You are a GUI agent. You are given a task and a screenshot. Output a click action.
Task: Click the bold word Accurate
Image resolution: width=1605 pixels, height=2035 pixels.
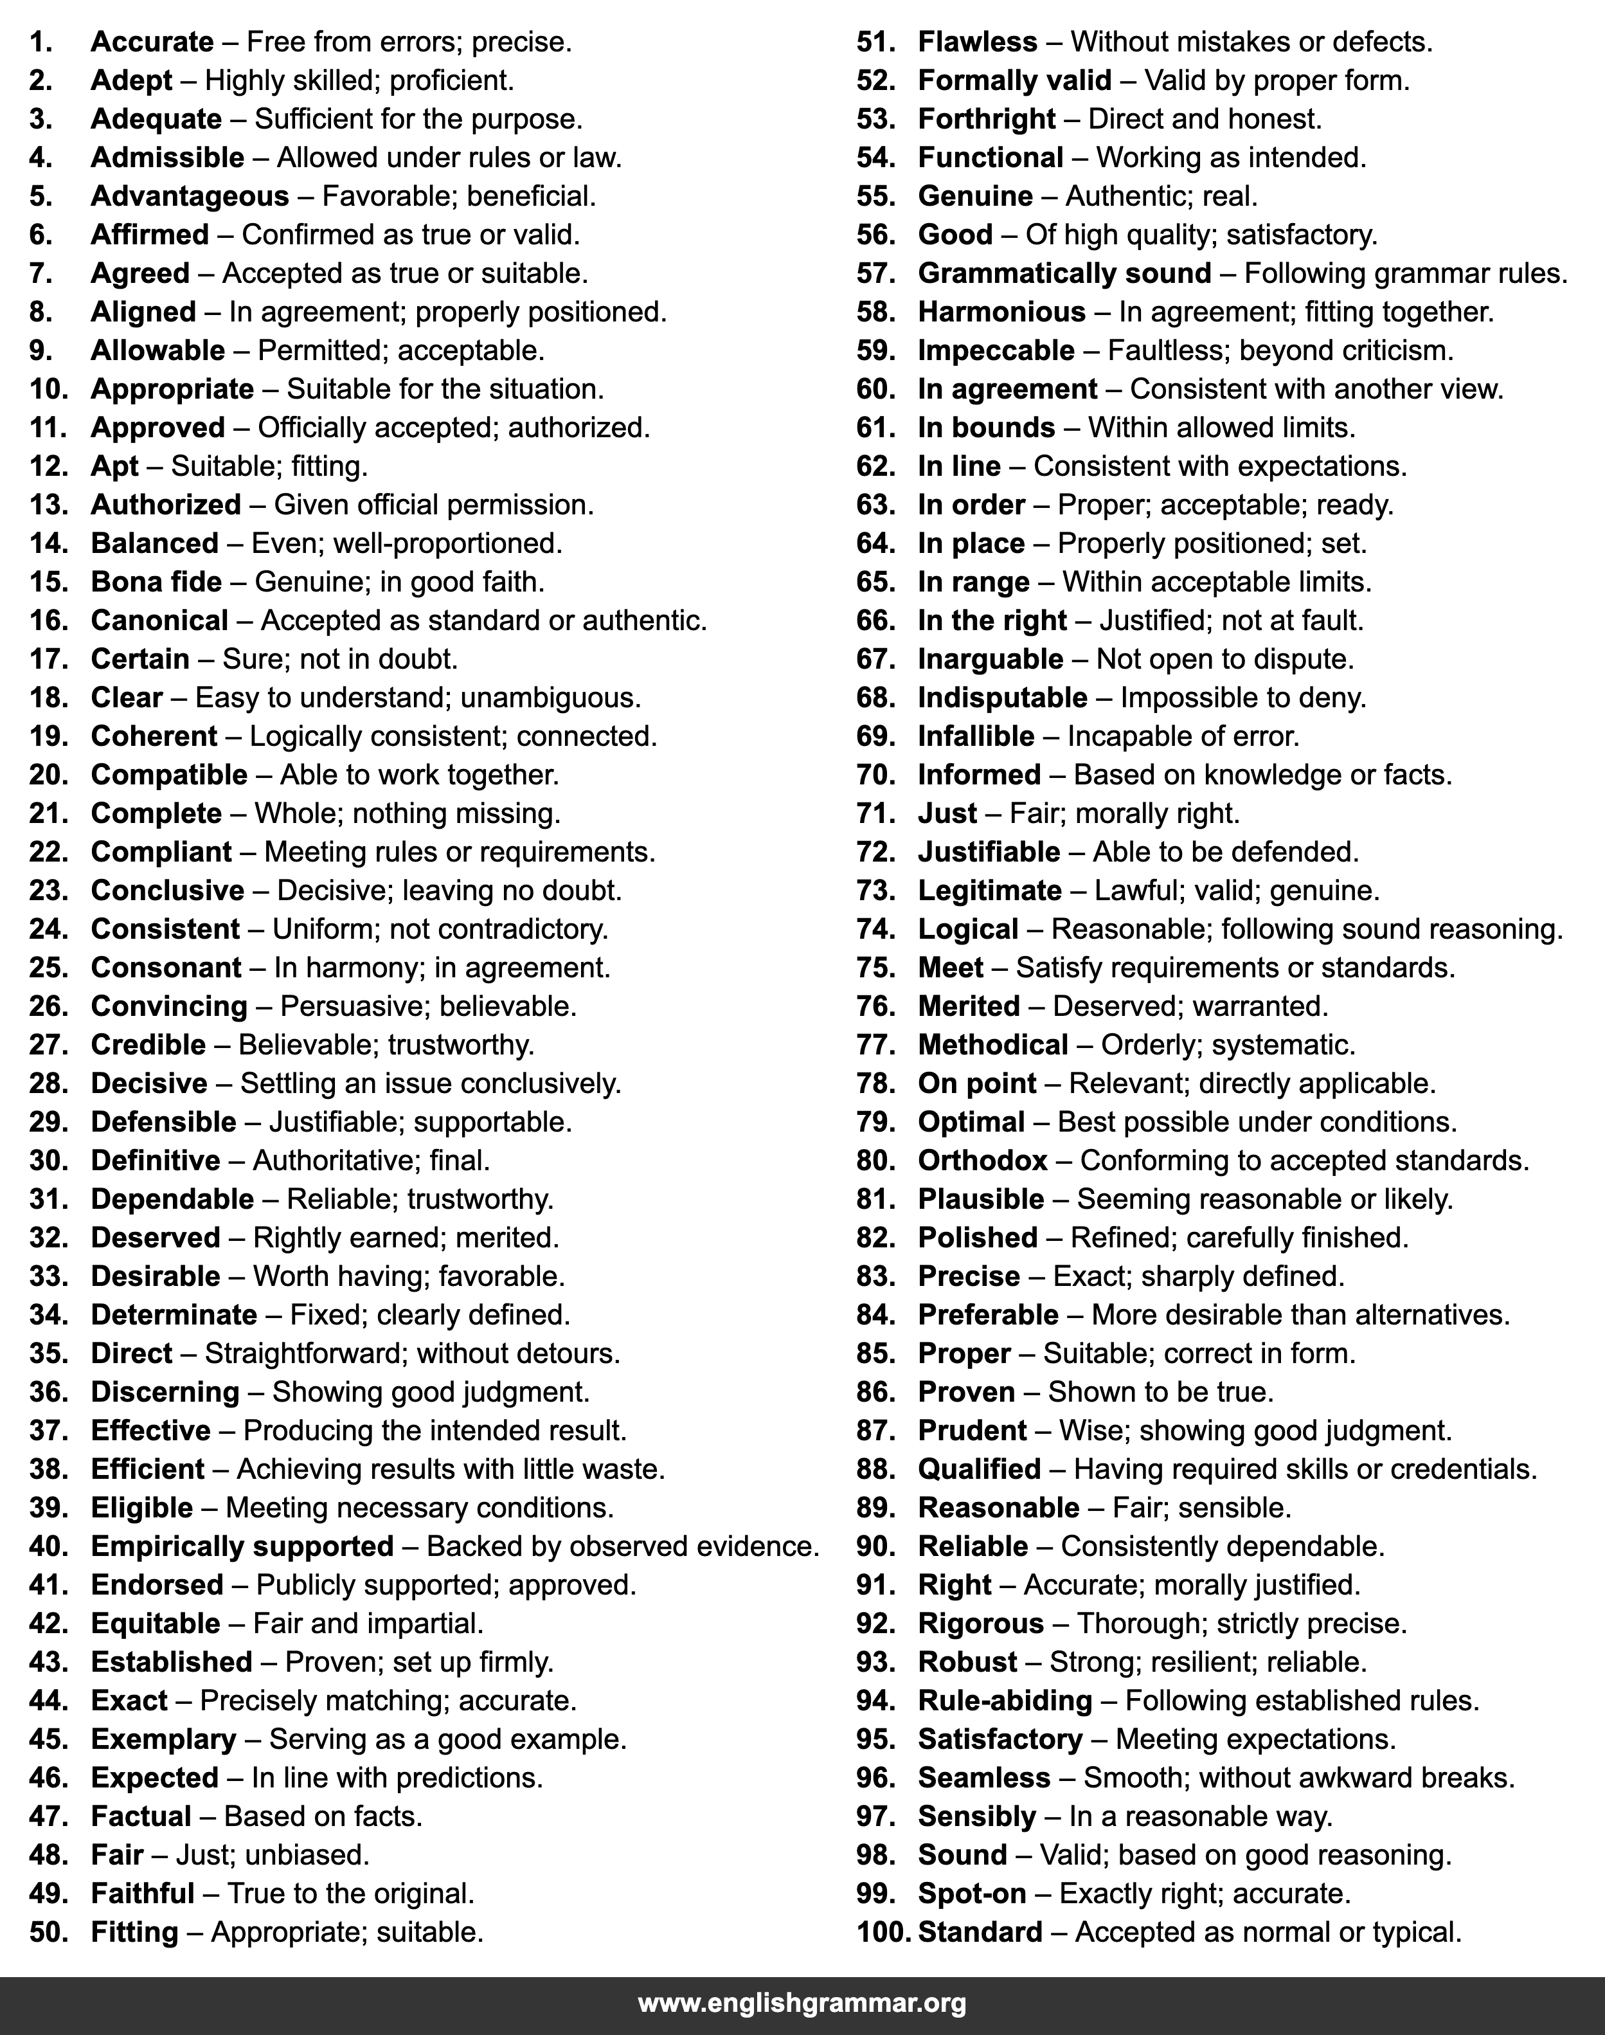152,42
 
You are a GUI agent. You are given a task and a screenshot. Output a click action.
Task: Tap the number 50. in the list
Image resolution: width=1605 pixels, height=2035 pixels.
49,1933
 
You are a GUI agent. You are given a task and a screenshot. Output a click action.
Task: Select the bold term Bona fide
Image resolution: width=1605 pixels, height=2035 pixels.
156,583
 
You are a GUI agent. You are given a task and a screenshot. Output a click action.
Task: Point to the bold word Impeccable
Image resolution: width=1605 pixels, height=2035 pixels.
996,350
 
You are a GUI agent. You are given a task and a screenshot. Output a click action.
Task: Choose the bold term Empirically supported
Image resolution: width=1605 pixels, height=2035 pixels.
242,1547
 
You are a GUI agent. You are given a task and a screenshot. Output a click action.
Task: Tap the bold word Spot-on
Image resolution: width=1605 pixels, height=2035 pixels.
972,1894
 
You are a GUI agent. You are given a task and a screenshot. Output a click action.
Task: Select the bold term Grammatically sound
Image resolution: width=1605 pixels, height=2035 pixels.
1064,273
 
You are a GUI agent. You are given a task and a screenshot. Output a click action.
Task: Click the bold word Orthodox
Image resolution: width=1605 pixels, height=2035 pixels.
982,1161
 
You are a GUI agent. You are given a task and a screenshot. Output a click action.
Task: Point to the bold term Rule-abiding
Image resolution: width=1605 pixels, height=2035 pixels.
1005,1701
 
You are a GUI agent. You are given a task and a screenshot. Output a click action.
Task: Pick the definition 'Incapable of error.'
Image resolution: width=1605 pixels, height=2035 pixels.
1183,737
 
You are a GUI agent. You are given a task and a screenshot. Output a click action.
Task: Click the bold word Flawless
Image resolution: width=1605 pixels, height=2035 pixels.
977,42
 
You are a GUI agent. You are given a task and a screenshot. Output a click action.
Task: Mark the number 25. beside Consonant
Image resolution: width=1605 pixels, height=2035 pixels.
49,968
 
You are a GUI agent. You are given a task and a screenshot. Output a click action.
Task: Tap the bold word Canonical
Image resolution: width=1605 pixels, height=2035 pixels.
159,621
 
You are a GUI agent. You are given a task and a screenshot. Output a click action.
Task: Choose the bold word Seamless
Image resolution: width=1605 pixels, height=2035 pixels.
984,1778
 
